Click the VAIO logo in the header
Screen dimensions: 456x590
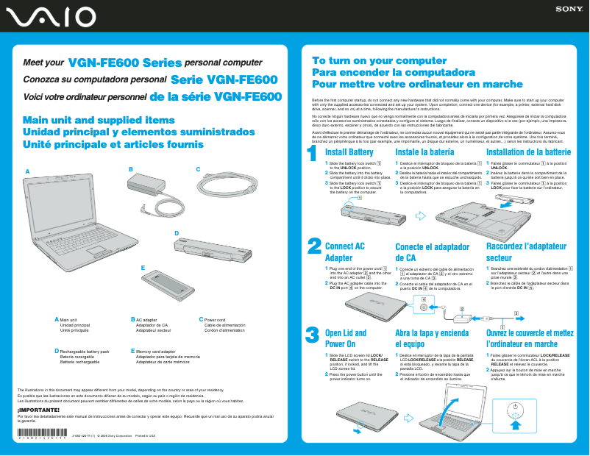[49, 16]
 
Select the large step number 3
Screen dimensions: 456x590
[312, 335]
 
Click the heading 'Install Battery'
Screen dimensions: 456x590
[349, 152]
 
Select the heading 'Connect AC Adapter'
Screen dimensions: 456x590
[344, 252]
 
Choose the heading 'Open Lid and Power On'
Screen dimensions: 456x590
[345, 338]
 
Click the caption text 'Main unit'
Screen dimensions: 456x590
[68, 320]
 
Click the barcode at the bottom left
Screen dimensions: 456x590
[43, 432]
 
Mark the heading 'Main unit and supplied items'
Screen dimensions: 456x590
[99, 120]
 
